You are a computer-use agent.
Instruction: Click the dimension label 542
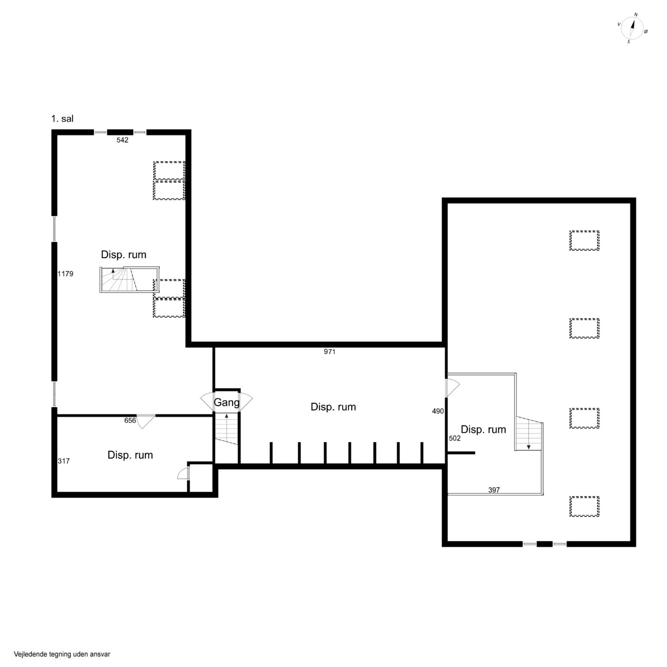pyautogui.click(x=122, y=140)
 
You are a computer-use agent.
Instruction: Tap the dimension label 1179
pyautogui.click(x=65, y=274)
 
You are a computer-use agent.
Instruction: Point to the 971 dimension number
pyautogui.click(x=330, y=352)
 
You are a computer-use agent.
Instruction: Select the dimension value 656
pyautogui.click(x=130, y=420)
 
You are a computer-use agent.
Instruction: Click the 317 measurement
pyautogui.click(x=64, y=461)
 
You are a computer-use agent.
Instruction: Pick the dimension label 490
pyautogui.click(x=438, y=411)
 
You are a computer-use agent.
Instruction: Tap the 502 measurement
pyautogui.click(x=455, y=438)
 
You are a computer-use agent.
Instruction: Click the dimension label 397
pyautogui.click(x=494, y=490)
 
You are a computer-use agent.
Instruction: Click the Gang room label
pyautogui.click(x=227, y=403)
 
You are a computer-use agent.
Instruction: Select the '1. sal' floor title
pyautogui.click(x=62, y=119)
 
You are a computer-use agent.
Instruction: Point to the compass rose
pyautogui.click(x=632, y=29)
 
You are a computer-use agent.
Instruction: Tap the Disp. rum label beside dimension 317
pyautogui.click(x=130, y=455)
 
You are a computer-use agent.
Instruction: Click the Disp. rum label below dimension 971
pyautogui.click(x=333, y=407)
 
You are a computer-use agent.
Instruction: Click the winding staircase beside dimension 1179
pyautogui.click(x=130, y=279)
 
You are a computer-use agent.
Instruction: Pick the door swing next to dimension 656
pyautogui.click(x=146, y=422)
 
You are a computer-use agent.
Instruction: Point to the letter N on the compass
pyautogui.click(x=636, y=15)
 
